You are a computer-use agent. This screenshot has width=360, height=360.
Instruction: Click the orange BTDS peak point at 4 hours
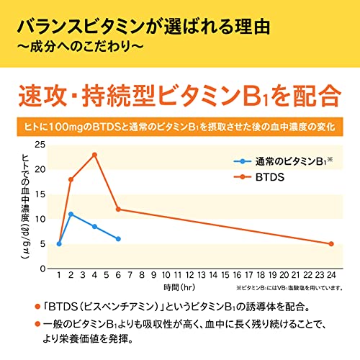click(x=94, y=155)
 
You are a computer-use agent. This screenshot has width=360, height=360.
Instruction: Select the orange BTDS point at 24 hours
click(x=330, y=243)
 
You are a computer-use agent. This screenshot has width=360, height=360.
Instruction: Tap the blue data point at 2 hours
click(x=71, y=214)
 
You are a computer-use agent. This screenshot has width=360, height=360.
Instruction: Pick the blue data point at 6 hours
click(x=118, y=238)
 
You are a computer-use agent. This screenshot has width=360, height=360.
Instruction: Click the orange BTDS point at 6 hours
click(x=118, y=209)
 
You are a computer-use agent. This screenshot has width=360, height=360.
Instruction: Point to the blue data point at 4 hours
click(x=94, y=226)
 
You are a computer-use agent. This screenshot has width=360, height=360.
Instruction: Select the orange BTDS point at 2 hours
click(x=71, y=179)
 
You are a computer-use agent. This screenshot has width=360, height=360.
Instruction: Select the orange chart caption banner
click(x=180, y=128)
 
